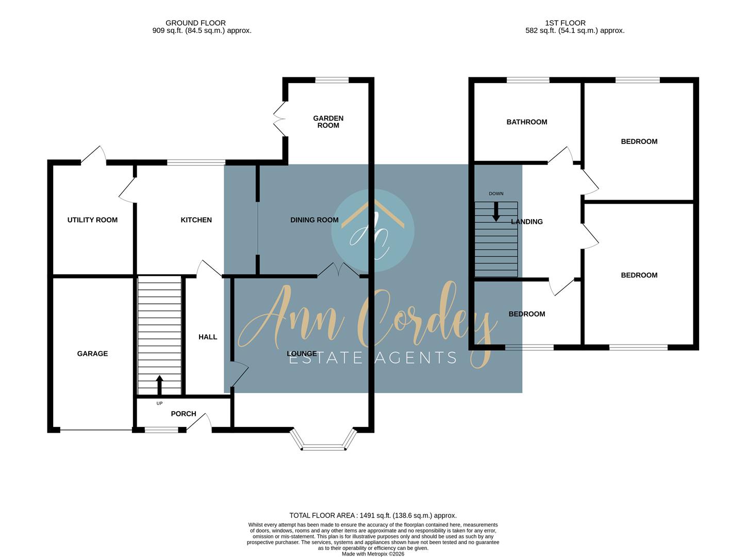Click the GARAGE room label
coord(92,354)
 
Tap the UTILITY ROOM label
coord(92,220)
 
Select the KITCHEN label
coord(196,220)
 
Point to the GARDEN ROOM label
coord(328,122)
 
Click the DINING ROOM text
coord(314,220)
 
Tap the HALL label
coord(208,337)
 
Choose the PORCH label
coord(184,414)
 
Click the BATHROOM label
coord(526,122)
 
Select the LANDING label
coord(527,222)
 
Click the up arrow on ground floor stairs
coord(159,384)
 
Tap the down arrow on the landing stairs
coord(495,211)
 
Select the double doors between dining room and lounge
coord(338,270)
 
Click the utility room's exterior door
coord(94,155)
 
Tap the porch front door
coord(199,422)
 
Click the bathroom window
coord(527,80)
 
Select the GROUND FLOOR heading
coord(195,23)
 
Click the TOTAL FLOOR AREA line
coord(373,515)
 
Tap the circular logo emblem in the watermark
coord(372,231)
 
